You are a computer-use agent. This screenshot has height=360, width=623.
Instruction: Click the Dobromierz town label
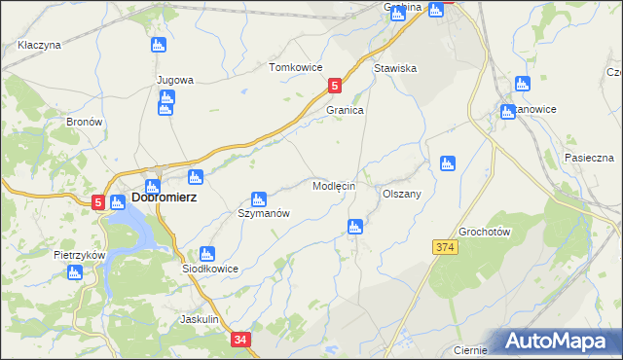164,198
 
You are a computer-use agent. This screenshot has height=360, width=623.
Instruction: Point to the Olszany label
401,194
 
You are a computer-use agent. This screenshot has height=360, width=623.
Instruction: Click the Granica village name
345,111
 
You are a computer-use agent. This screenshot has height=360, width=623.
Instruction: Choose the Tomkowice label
295,67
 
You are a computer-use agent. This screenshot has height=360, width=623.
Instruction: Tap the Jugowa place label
175,80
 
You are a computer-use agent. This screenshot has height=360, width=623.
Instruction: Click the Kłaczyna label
40,45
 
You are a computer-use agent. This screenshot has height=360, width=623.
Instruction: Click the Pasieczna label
588,157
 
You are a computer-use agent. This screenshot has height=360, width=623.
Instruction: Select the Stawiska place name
395,69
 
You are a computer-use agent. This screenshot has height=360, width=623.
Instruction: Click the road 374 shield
445,248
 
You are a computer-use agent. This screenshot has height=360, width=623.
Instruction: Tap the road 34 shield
241,340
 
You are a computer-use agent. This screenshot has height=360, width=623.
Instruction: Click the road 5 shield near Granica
335,86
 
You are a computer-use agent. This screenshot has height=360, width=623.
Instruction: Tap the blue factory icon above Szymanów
258,198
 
